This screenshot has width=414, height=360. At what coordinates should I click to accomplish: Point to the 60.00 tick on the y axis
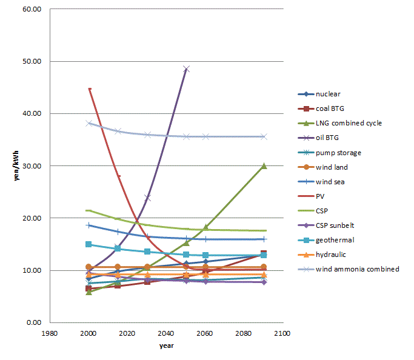click(32, 10)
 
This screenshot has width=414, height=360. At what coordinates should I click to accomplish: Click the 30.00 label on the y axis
click(32, 166)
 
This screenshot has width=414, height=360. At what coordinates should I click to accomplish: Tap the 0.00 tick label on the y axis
click(33, 322)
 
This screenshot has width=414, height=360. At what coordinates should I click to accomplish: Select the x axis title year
click(166, 345)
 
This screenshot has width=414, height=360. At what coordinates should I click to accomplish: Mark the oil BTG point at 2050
click(186, 69)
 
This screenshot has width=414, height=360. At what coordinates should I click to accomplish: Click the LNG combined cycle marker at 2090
click(264, 165)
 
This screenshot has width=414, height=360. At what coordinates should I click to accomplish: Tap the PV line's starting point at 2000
click(89, 89)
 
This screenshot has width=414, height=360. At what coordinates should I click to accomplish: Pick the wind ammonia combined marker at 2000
click(89, 123)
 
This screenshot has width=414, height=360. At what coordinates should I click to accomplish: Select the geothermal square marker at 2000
click(89, 244)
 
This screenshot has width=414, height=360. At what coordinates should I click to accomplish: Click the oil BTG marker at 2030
click(147, 198)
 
